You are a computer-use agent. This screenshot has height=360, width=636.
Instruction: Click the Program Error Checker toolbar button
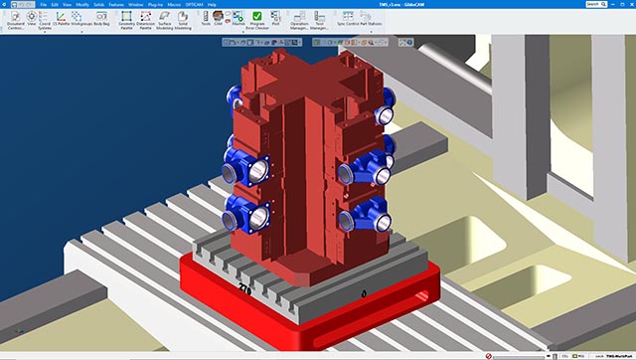point(256,20)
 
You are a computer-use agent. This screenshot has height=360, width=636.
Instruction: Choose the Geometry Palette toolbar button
point(126,20)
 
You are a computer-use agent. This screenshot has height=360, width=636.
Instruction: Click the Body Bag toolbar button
point(101,20)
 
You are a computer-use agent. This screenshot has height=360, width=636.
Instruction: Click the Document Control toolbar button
point(15,20)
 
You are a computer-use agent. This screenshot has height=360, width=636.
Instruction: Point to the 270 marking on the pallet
point(244,288)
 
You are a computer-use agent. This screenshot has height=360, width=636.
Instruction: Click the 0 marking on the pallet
point(365,293)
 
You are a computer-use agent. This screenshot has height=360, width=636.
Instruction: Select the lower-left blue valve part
point(244,213)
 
